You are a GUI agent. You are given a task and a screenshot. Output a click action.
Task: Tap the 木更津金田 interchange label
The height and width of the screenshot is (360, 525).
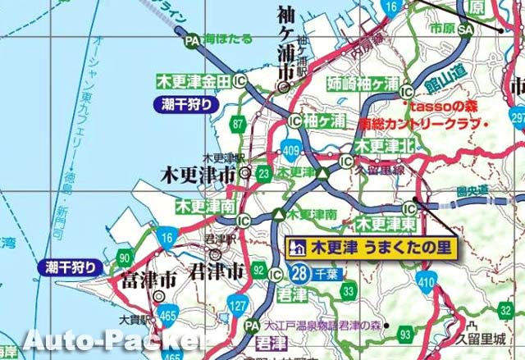pyautogui.click(x=194, y=81)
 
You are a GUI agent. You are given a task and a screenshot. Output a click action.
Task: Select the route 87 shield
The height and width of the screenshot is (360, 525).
pyautogui.click(x=238, y=124)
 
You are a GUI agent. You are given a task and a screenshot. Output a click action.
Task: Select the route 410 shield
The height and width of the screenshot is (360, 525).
pyautogui.click(x=426, y=284)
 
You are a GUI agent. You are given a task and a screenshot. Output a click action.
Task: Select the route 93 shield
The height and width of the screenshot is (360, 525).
pyautogui.click(x=406, y=335)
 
